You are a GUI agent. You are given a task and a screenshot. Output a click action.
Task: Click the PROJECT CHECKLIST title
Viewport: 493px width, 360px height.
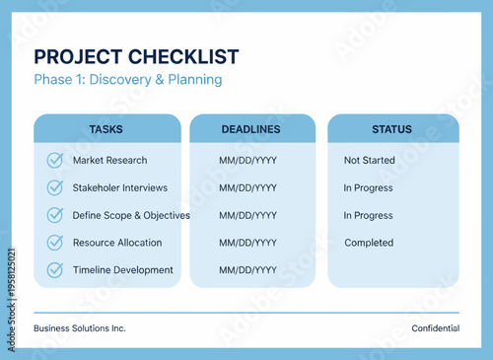136,56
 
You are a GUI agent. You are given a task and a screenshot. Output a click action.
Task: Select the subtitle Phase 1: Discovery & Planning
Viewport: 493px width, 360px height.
128,80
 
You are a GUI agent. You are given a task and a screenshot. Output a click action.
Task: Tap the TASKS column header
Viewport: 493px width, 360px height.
106,129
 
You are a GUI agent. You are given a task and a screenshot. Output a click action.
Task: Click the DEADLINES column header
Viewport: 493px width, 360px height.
251,129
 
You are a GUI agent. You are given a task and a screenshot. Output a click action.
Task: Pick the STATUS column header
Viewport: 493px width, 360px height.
392,129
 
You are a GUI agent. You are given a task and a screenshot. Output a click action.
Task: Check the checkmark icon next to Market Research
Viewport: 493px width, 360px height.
55,160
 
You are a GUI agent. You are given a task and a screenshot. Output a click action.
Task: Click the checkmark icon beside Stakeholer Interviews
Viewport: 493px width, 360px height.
55,187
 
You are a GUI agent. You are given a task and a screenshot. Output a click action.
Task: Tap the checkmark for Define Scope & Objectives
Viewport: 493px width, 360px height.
55,215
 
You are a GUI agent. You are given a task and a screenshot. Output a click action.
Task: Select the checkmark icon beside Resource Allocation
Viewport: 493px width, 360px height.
55,243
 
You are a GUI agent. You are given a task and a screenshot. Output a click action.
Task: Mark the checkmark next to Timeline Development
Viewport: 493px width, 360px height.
55,270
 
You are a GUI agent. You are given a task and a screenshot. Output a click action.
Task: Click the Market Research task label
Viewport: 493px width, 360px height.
109,160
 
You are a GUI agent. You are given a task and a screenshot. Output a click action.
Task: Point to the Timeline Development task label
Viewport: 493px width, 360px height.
122,270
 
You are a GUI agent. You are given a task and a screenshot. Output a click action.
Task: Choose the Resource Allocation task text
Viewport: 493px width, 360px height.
117,243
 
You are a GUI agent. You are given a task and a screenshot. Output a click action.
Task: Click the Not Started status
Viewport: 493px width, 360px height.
369,160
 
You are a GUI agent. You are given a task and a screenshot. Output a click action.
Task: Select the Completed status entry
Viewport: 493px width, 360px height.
369,243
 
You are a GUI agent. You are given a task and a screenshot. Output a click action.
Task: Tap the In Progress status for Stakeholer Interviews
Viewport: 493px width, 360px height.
368,187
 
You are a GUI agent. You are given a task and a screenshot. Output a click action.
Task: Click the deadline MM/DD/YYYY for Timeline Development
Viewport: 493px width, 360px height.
247,270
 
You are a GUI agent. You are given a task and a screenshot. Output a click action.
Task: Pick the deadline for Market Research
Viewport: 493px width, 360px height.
247,160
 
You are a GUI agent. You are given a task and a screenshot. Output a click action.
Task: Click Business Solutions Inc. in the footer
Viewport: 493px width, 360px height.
80,328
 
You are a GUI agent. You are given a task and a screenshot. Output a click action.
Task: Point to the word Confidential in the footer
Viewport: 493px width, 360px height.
436,328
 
